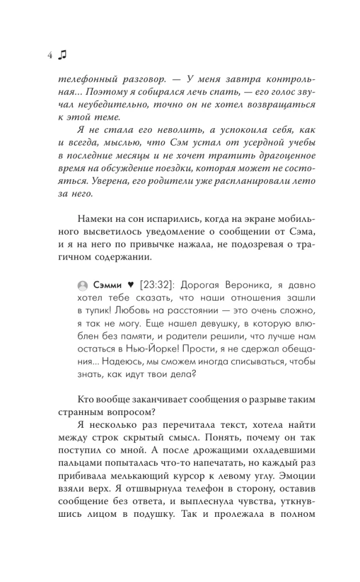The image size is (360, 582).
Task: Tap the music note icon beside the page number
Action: [x=63, y=54]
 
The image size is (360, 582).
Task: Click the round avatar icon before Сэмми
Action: [x=83, y=285]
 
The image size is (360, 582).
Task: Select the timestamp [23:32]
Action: [x=158, y=285]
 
